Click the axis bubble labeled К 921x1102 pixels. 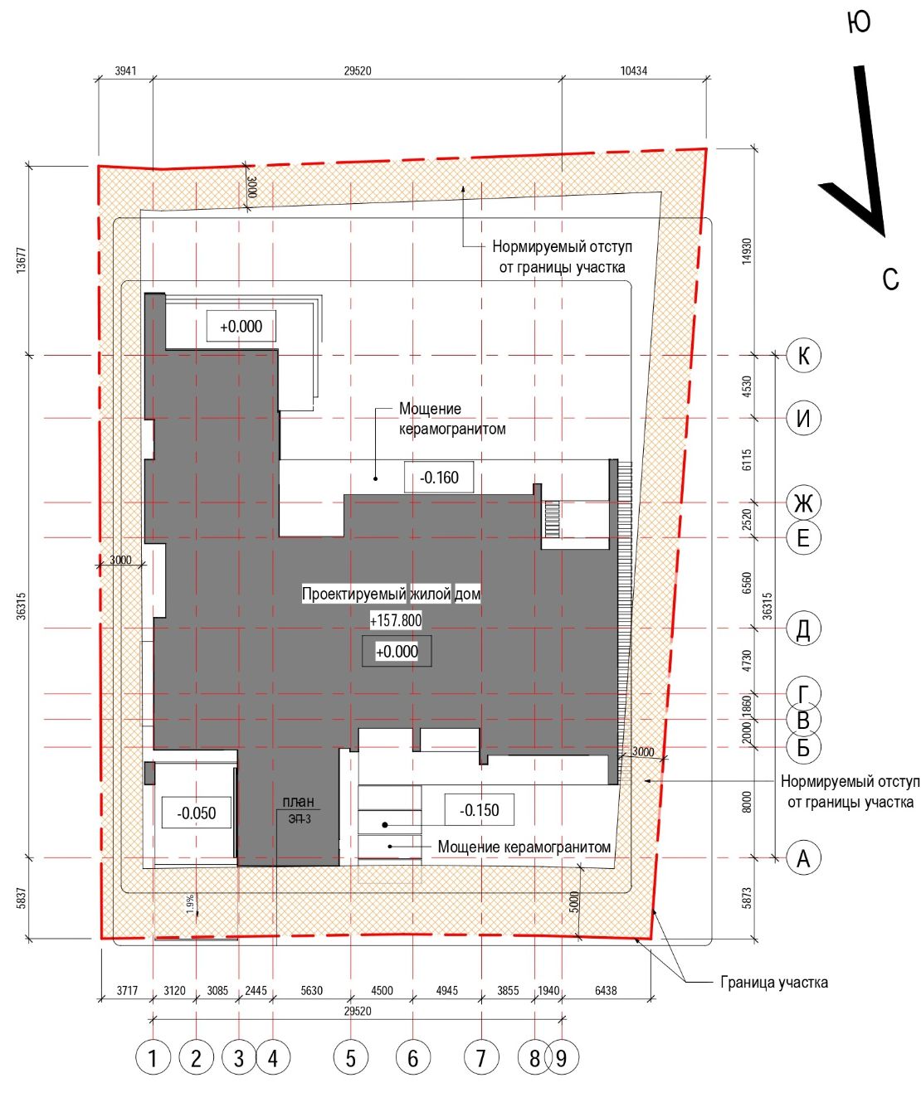coord(803,356)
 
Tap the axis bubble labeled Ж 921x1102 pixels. coord(803,502)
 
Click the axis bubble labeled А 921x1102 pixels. coord(803,858)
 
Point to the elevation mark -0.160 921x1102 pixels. coord(439,478)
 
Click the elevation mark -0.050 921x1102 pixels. coord(197,813)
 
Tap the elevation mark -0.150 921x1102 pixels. coord(480,809)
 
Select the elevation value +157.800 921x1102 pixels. coord(396,621)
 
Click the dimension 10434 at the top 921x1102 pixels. coord(634,70)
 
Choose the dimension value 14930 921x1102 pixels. coord(746,252)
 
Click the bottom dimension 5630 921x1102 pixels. coord(312,991)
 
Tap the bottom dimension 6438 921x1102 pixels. coord(606,991)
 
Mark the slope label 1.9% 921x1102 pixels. coord(190,904)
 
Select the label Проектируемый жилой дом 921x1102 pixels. coord(392,595)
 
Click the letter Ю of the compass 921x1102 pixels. coord(860,22)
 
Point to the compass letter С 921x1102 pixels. coord(890,279)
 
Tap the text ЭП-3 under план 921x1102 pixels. coord(300,819)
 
